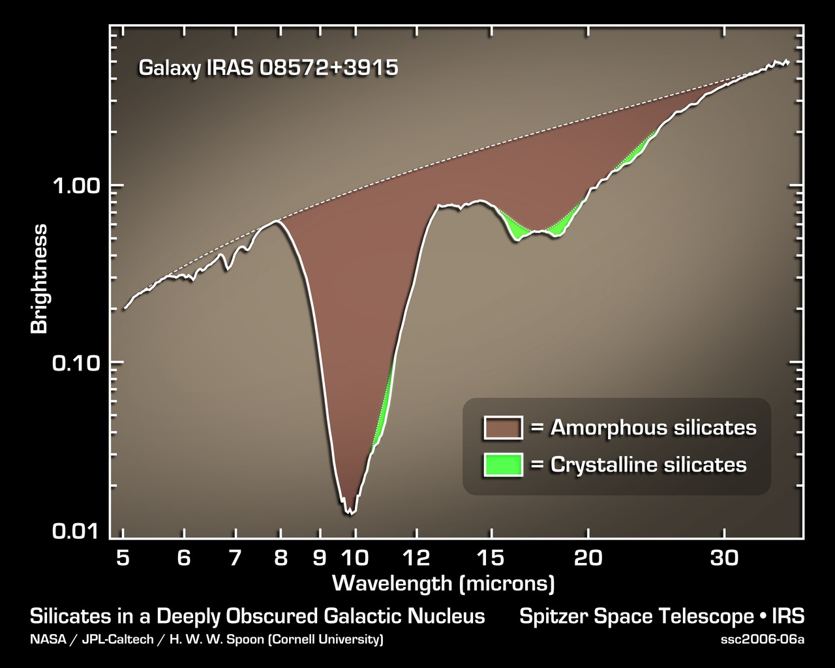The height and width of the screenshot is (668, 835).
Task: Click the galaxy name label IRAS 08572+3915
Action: click(267, 68)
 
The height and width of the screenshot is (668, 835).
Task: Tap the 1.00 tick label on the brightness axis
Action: click(75, 187)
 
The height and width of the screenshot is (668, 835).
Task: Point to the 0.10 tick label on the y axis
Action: click(75, 363)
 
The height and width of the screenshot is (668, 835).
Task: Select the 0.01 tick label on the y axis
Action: click(75, 531)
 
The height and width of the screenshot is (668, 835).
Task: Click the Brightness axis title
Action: click(40, 279)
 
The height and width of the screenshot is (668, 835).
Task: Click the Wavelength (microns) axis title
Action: click(443, 583)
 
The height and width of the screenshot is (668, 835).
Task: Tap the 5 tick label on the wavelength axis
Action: click(123, 558)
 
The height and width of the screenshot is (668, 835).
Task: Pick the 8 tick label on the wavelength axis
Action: click(281, 558)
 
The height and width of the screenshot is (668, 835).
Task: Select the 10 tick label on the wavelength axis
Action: click(356, 558)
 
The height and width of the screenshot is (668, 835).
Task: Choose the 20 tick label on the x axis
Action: click(588, 558)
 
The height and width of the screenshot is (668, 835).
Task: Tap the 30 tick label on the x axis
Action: click(724, 558)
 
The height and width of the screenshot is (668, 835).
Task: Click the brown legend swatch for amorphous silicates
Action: click(502, 428)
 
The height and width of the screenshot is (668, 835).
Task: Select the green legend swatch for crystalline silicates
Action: click(502, 464)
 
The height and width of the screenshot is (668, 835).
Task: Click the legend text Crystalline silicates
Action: click(648, 464)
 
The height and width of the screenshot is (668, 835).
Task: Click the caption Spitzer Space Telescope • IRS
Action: click(661, 616)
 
